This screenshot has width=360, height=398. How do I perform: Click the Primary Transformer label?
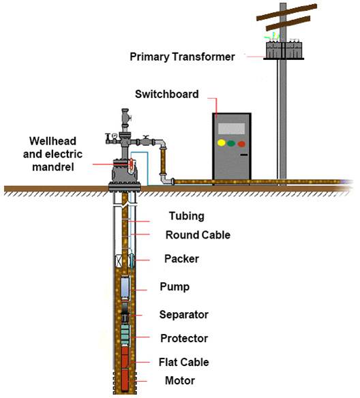[x=182, y=57]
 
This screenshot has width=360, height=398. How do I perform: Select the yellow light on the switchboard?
[x=220, y=144]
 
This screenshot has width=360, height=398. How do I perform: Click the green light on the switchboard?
[x=231, y=144]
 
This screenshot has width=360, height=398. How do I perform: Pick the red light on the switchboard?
[x=242, y=144]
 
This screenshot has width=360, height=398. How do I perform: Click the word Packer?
[x=181, y=259]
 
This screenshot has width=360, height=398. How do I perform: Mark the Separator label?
[x=183, y=314]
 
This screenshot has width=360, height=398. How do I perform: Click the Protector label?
[x=183, y=338]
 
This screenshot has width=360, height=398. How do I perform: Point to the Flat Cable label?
[x=184, y=362]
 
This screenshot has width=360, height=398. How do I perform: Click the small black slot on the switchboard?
[x=242, y=157]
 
